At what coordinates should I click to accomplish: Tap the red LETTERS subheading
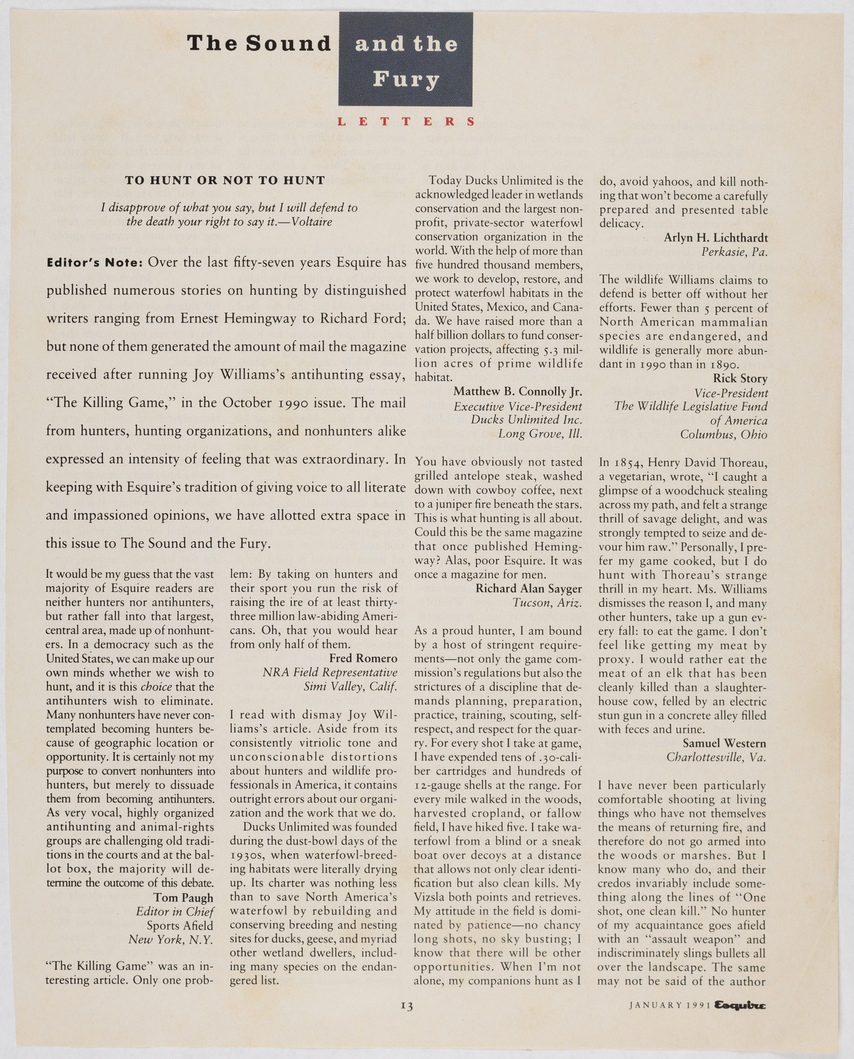406,122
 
